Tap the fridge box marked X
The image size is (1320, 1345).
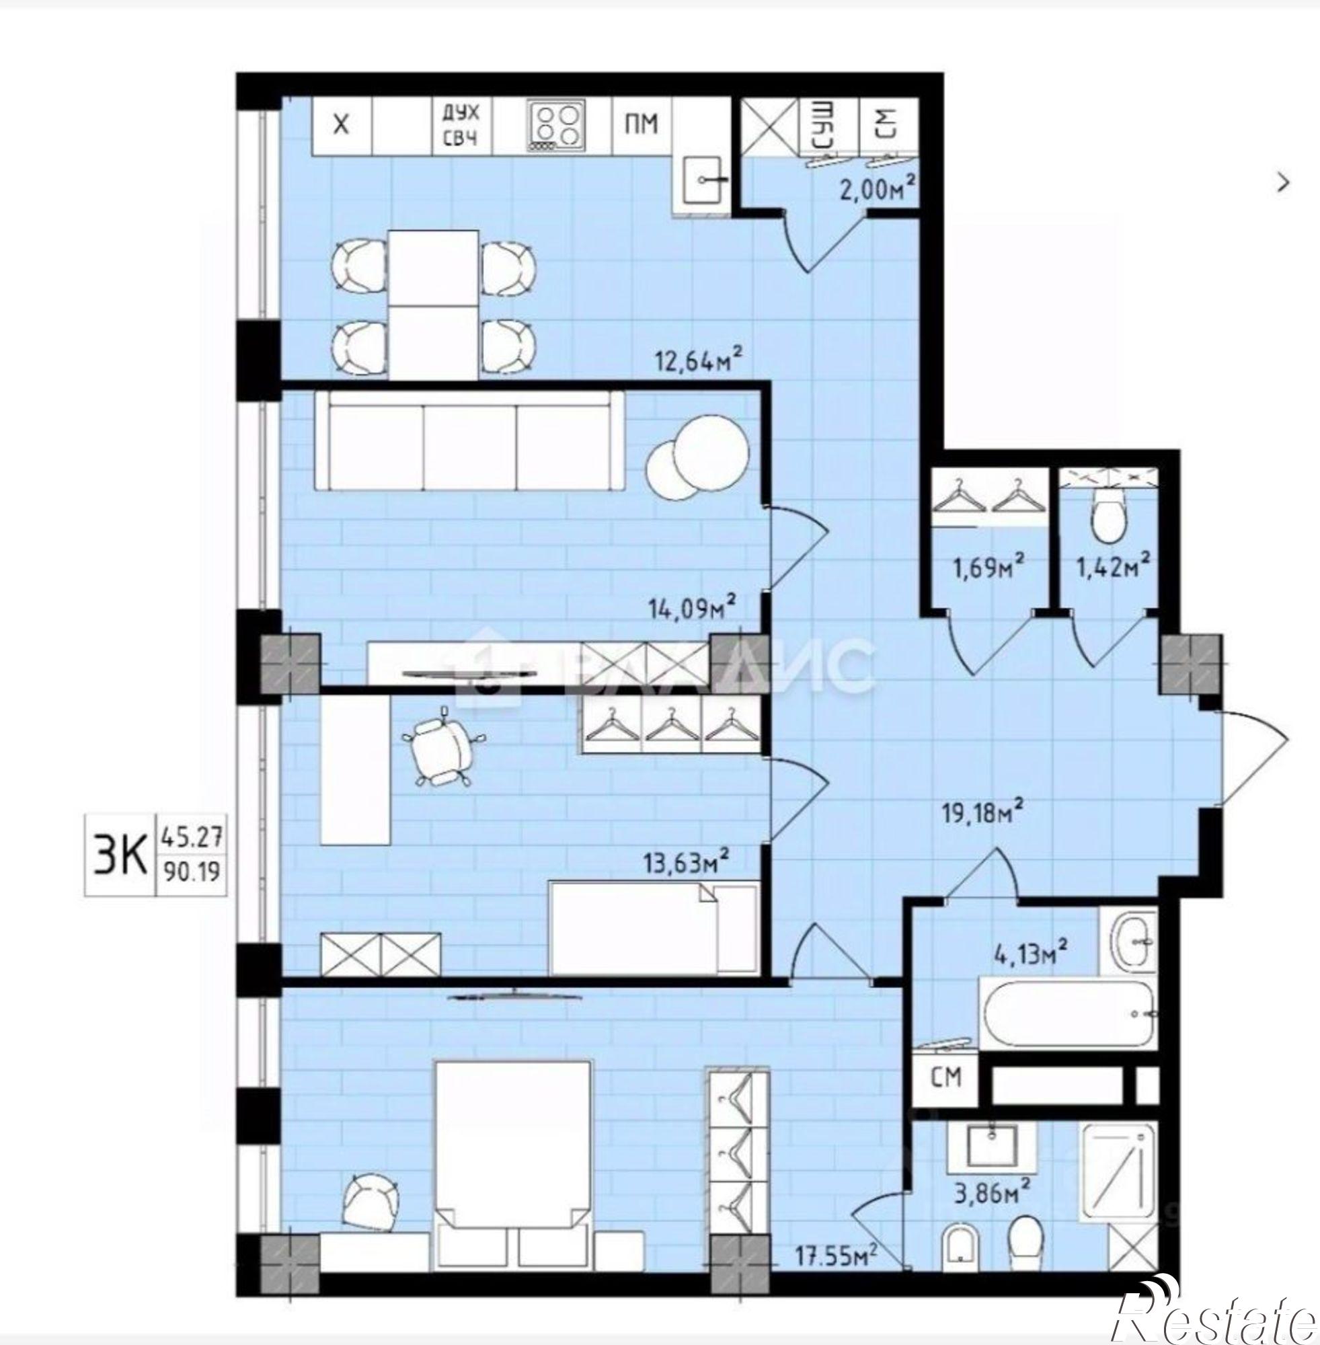point(341,126)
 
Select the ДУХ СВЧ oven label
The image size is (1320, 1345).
point(461,125)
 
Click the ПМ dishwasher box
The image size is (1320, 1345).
point(642,125)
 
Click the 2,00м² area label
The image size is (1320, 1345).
point(878,188)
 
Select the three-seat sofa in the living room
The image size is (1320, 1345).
point(469,442)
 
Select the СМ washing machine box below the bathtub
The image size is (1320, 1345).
point(945,1077)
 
